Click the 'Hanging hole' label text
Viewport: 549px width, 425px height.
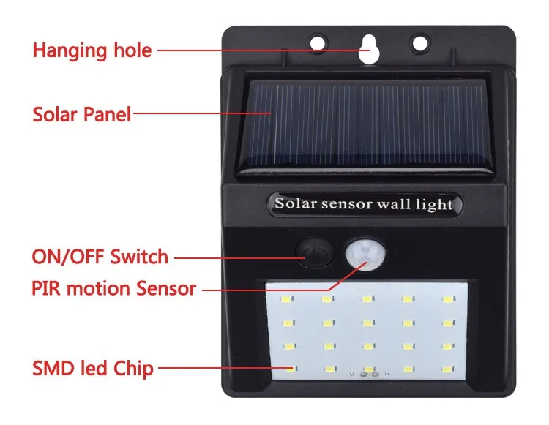click(x=92, y=50)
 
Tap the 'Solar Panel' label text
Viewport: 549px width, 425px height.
click(x=81, y=114)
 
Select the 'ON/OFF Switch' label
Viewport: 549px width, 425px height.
click(x=100, y=257)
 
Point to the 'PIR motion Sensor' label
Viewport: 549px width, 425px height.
click(x=113, y=288)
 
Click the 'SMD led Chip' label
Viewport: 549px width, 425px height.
click(x=92, y=368)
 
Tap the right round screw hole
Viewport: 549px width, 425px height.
click(x=419, y=43)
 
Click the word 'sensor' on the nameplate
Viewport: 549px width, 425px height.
click(x=345, y=203)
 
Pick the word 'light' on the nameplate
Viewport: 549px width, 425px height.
click(x=436, y=204)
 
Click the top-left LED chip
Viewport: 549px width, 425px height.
click(x=286, y=299)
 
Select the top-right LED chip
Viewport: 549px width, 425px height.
click(x=445, y=299)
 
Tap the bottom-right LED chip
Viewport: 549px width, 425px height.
click(x=445, y=369)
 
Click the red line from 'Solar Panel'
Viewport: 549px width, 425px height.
click(x=201, y=113)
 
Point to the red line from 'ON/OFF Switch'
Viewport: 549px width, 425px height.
click(x=235, y=257)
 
